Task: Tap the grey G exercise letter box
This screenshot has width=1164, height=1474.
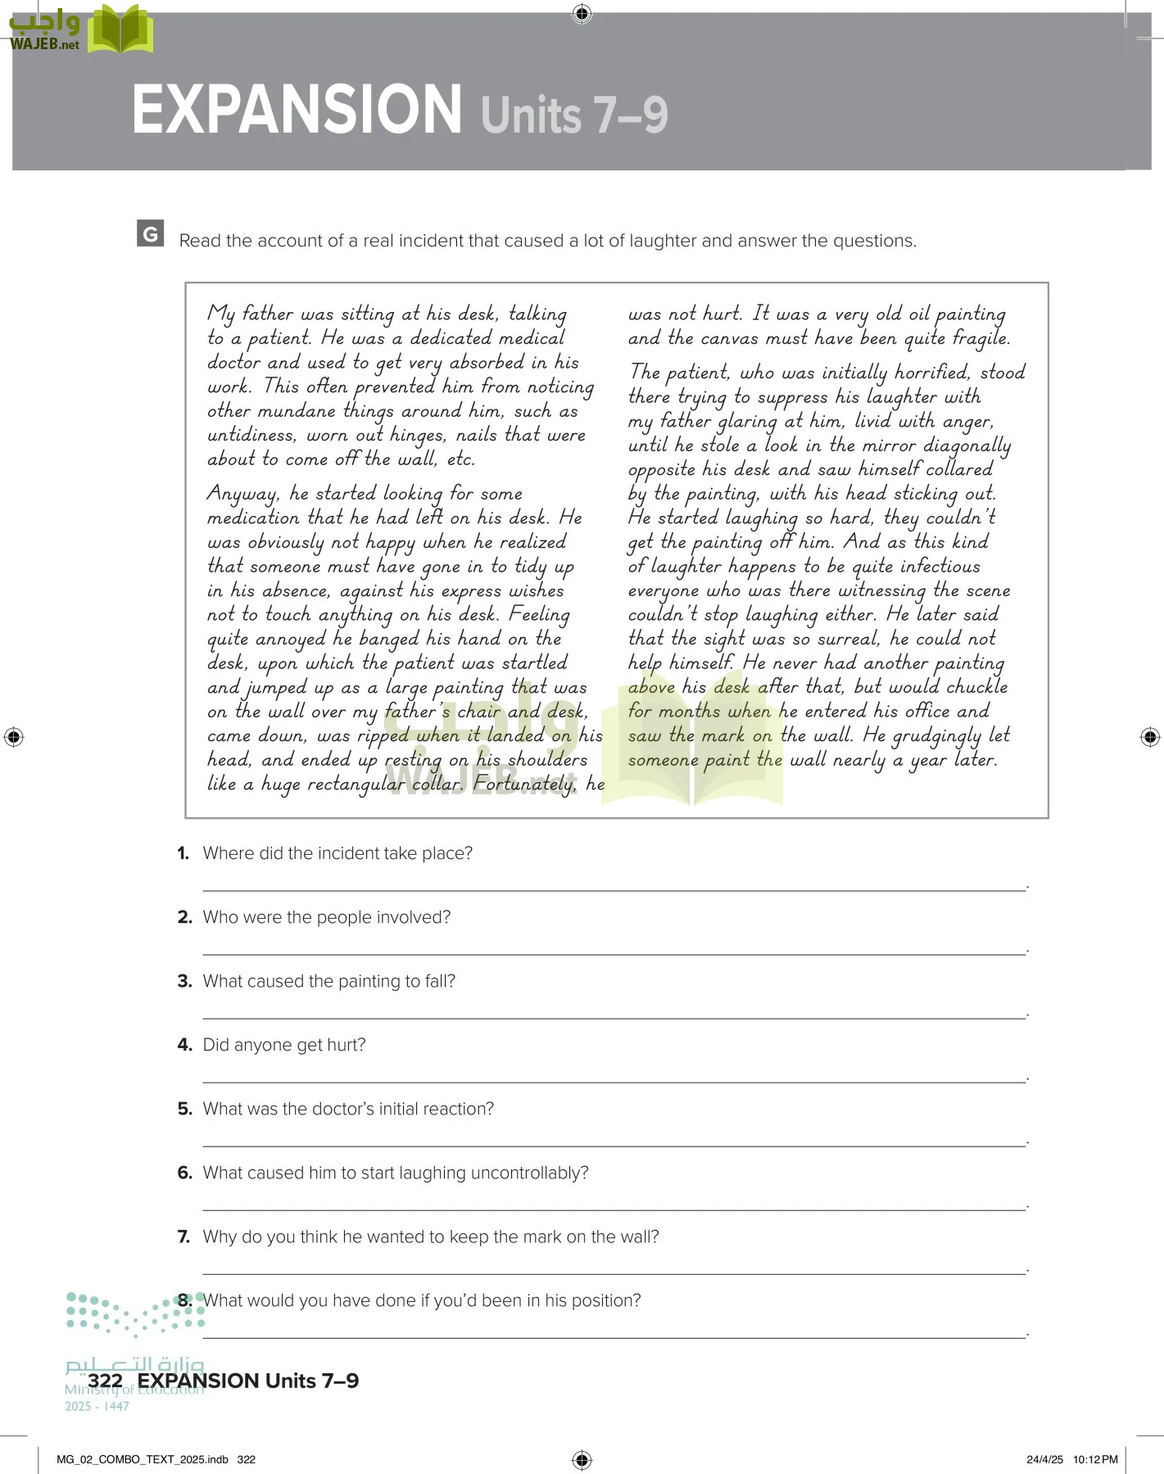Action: (151, 233)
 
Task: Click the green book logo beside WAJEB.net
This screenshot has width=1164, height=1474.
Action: (120, 31)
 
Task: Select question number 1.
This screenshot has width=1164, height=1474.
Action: (183, 853)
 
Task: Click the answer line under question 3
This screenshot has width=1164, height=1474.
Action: (614, 1017)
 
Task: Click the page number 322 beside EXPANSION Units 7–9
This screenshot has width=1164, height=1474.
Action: (105, 1381)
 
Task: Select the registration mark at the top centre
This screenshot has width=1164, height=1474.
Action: (582, 13)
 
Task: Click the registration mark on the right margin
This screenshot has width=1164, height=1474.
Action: (1150, 737)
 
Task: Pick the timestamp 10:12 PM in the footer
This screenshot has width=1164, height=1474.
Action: (1095, 1459)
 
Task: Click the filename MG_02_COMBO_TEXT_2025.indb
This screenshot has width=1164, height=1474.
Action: (143, 1459)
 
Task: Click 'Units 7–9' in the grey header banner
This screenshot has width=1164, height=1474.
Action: (574, 115)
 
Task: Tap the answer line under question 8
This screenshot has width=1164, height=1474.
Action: (614, 1336)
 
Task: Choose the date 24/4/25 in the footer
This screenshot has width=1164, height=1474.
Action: (1044, 1459)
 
